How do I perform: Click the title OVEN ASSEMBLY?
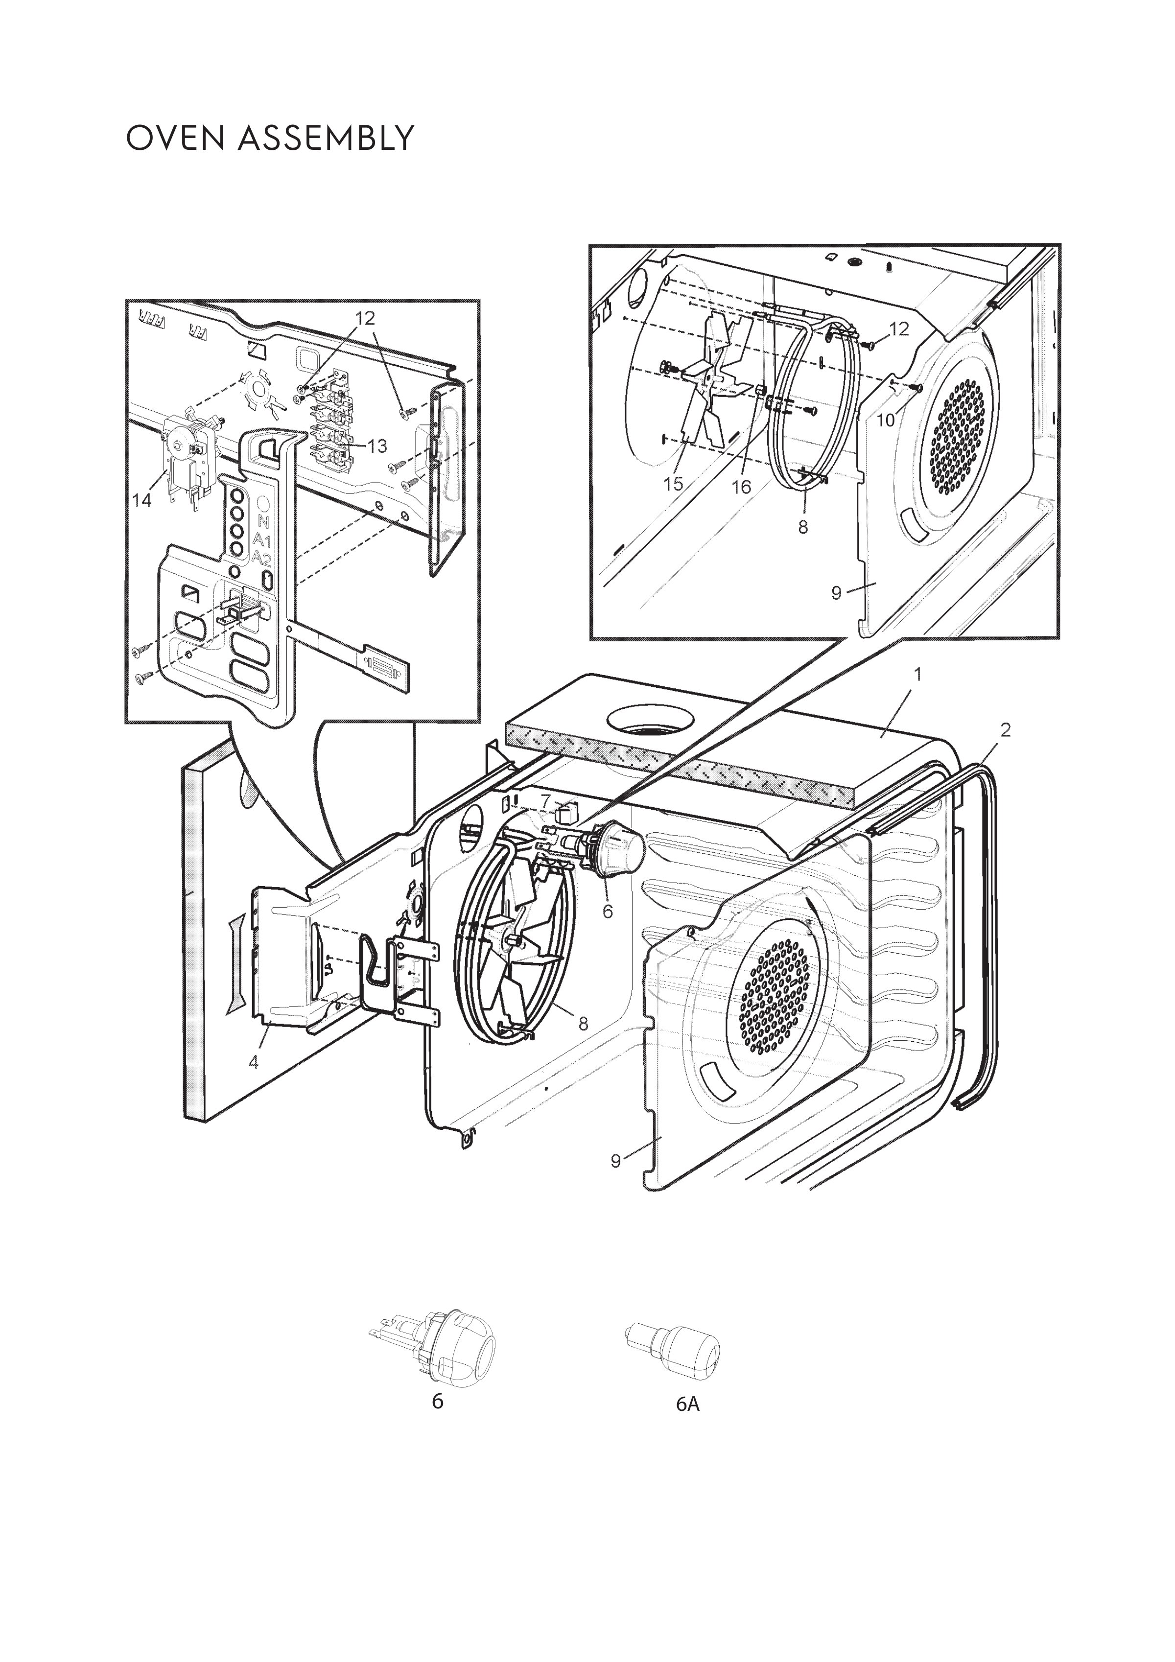pyautogui.click(x=270, y=138)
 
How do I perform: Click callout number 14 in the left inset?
pyautogui.click(x=142, y=500)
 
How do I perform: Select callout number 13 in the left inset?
pyautogui.click(x=377, y=446)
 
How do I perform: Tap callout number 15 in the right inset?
pyautogui.click(x=673, y=484)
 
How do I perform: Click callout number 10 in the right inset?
pyautogui.click(x=886, y=420)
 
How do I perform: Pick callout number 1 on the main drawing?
pyautogui.click(x=917, y=675)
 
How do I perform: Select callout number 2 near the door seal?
pyautogui.click(x=1006, y=730)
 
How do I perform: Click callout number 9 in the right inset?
pyautogui.click(x=836, y=593)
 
